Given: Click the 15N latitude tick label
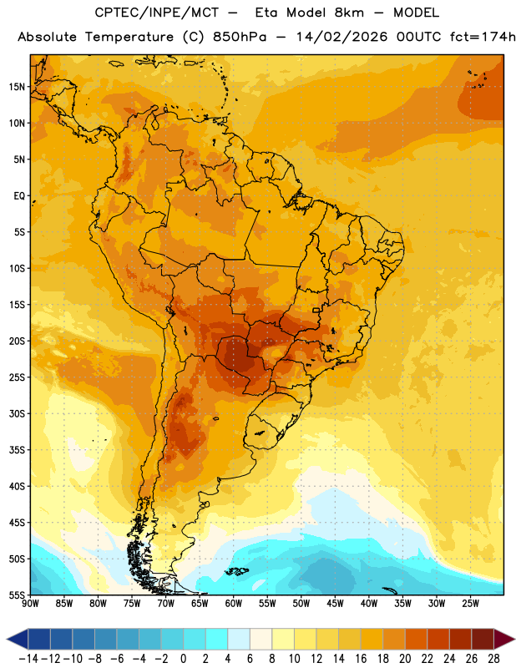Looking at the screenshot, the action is point(17,87).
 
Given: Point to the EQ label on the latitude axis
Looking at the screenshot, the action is point(19,196).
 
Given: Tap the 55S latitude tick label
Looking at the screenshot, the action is point(17,595).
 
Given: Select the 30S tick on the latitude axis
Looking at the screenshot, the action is point(17,413).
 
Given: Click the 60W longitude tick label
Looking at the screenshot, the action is point(234,604).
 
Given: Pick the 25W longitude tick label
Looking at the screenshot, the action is point(470,604).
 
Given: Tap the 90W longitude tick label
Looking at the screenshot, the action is point(30,604).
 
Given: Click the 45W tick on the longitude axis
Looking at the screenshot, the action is point(335,604).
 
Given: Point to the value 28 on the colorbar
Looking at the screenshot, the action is point(493,659).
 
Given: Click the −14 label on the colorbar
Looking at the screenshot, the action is point(28,659).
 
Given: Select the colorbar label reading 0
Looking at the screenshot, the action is point(183,659).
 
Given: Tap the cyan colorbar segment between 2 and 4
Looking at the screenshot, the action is point(216,639).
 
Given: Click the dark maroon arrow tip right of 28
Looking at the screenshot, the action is point(504,639).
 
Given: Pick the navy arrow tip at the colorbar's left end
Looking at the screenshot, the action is point(17,639).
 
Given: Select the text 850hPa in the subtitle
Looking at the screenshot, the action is point(240,37).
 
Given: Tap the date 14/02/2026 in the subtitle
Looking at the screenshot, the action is point(341,37).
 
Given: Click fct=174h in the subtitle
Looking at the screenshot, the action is point(483,37).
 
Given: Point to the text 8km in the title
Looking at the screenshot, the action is point(349,13).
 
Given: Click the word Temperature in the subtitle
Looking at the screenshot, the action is point(129,37).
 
